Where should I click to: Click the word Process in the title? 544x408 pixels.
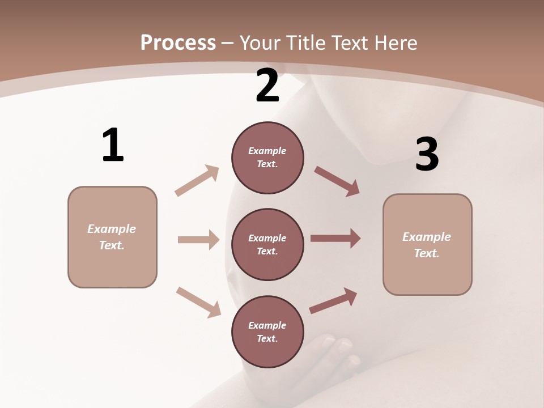[178, 43]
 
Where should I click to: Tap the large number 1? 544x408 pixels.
[113, 146]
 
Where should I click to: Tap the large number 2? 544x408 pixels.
[267, 86]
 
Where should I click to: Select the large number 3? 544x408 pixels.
[427, 154]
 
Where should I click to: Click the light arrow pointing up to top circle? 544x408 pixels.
[197, 180]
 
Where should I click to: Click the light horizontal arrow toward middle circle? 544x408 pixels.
[198, 240]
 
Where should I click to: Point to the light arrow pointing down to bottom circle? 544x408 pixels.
[198, 302]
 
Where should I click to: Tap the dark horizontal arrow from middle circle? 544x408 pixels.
[335, 239]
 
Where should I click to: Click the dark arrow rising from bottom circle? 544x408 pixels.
[333, 301]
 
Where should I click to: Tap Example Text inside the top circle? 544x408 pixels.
[267, 158]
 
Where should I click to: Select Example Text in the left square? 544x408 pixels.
[112, 237]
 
